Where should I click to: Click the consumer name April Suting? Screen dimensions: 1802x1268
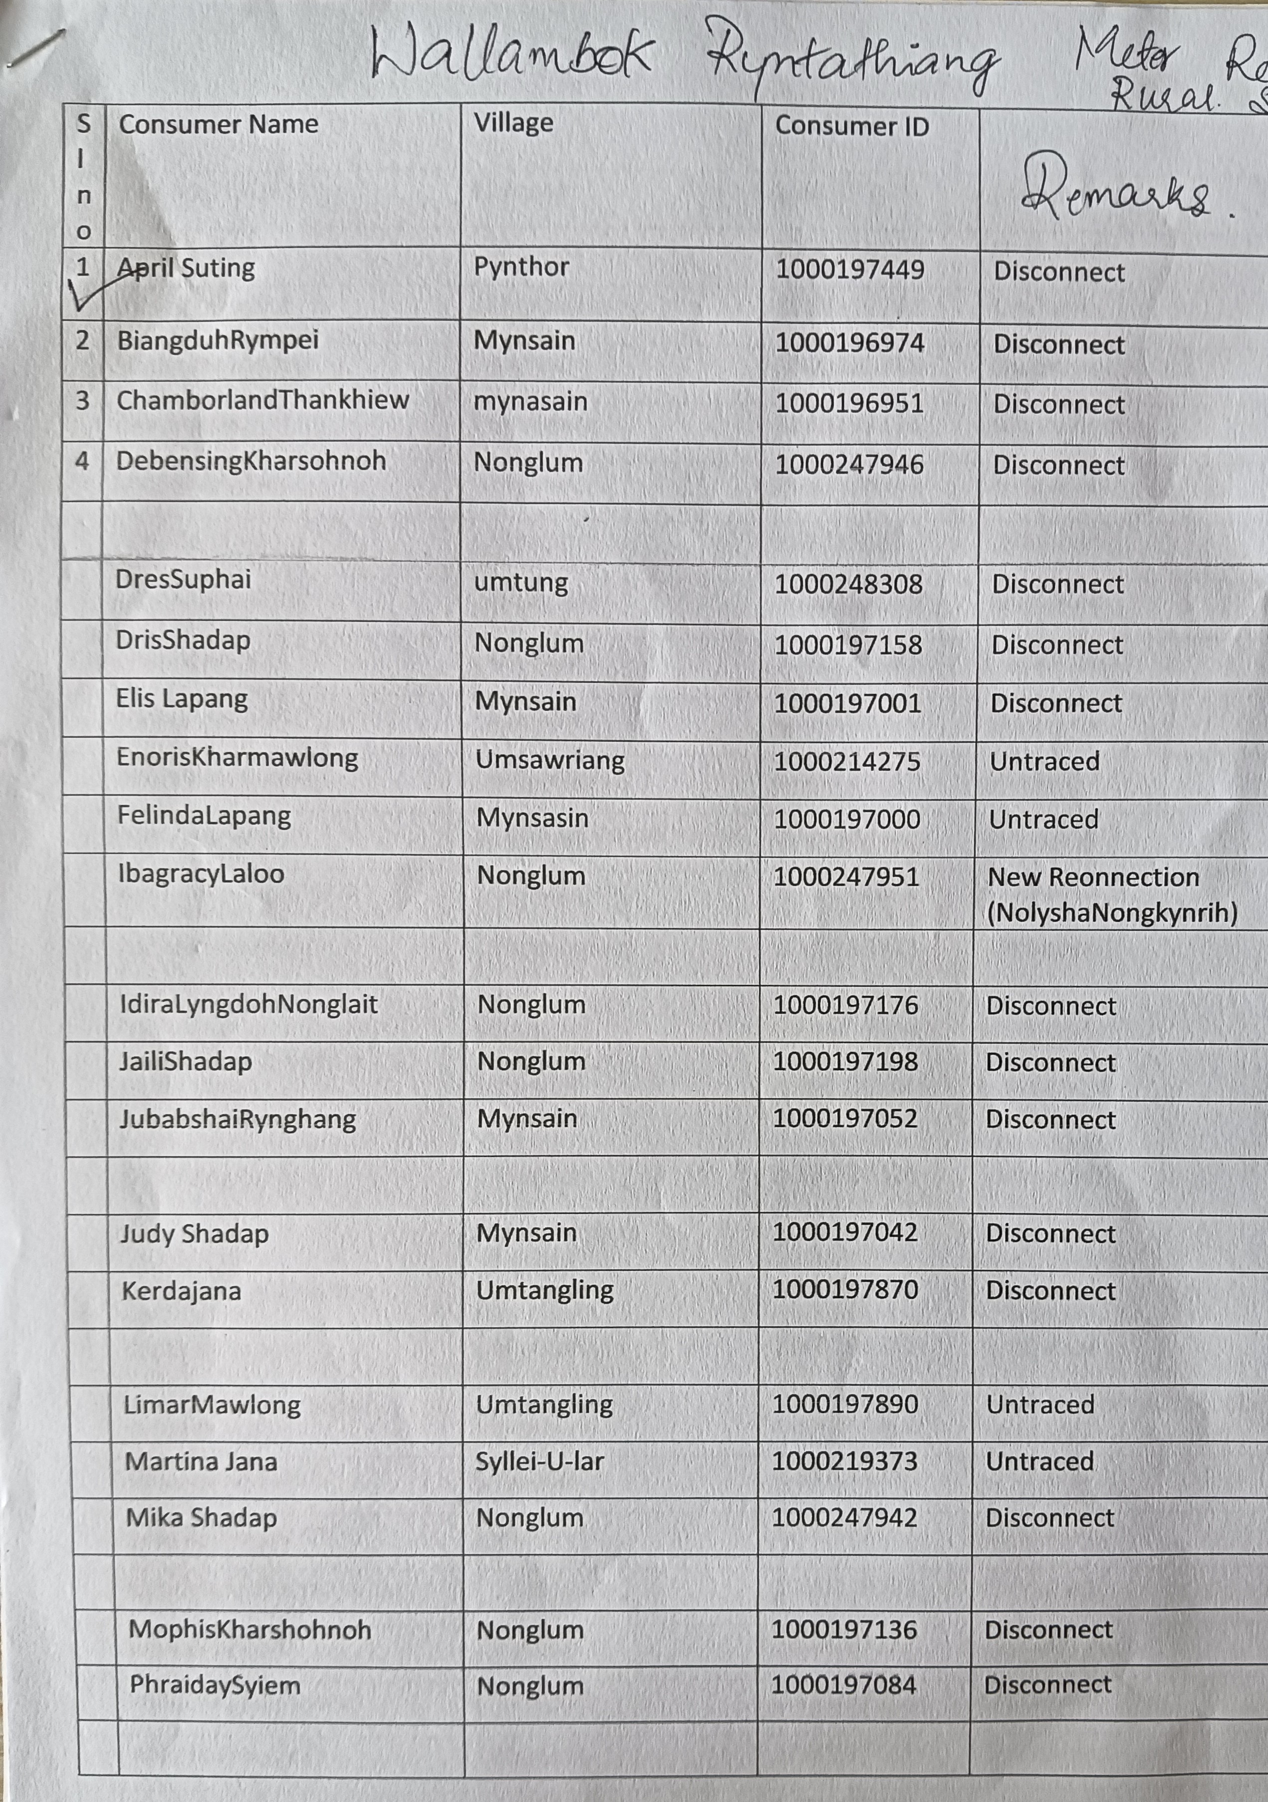click(x=187, y=269)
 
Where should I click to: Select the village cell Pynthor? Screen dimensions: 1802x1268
click(x=521, y=267)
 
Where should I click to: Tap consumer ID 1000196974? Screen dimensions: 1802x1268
click(x=850, y=343)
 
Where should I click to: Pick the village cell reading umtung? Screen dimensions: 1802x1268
click(x=521, y=583)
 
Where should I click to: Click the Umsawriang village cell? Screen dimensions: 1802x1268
click(x=550, y=760)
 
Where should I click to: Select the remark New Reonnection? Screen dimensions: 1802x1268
click(x=1093, y=877)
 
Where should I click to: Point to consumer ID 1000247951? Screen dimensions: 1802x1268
click(x=846, y=877)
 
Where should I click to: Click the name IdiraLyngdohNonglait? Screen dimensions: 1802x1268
click(x=248, y=1005)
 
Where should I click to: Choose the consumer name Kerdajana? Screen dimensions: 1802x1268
click(x=181, y=1291)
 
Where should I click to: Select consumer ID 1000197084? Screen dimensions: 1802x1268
click(x=843, y=1684)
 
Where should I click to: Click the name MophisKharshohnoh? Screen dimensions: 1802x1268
click(x=250, y=1629)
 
